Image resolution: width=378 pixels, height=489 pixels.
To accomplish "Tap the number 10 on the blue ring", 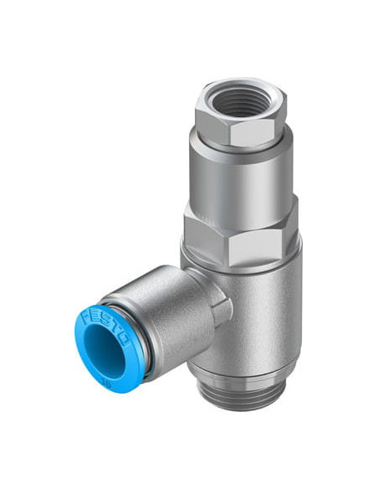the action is [x=108, y=383].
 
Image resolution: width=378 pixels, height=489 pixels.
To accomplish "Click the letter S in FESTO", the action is [x=106, y=322].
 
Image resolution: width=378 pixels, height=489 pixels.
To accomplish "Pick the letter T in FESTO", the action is [x=116, y=330].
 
